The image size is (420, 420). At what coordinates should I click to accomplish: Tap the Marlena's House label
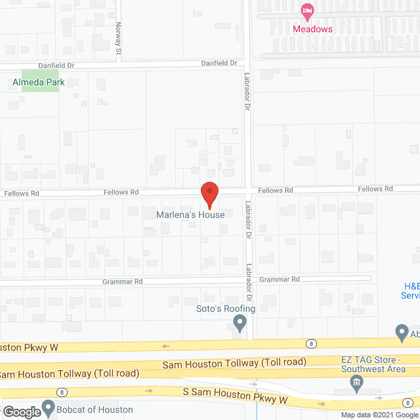coord(190,215)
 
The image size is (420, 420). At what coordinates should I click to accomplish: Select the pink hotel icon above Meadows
coord(306,11)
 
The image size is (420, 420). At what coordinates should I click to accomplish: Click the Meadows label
coord(312,29)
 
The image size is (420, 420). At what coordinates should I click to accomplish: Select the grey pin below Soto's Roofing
coord(240,322)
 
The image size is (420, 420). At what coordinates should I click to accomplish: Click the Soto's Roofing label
coord(226,308)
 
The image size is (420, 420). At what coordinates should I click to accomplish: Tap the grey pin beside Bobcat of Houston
coord(48,409)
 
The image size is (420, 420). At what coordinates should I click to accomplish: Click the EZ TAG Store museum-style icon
coord(357,383)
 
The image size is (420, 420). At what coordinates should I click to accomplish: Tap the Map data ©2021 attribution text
coord(368,415)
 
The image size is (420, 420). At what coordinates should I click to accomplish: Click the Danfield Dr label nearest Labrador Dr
coord(219,63)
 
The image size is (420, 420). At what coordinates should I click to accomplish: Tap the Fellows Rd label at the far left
coord(21,194)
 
